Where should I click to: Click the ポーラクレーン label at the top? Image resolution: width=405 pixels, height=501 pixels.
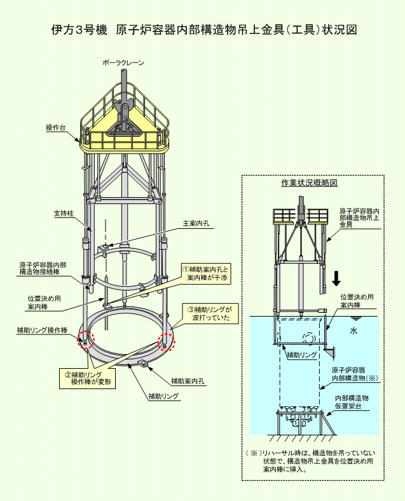coord(123,63)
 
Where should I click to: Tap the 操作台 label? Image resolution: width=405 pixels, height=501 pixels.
coord(56,128)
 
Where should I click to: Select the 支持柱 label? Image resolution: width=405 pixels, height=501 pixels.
coord(64,214)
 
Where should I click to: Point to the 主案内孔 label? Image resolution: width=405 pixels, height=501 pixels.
coord(196,223)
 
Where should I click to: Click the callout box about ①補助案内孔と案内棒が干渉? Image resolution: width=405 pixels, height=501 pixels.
coord(206,273)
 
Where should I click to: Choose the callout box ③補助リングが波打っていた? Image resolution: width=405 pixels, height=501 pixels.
coord(210,313)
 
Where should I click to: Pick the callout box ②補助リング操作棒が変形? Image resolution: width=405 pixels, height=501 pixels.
coord(87,378)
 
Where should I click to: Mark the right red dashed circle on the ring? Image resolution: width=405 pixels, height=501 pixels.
coord(167,341)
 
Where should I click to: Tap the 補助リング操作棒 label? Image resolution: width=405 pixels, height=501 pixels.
coord(42,330)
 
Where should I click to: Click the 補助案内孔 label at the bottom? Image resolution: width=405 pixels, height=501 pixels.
coord(188,381)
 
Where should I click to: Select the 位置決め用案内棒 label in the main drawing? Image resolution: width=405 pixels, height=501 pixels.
coord(45,303)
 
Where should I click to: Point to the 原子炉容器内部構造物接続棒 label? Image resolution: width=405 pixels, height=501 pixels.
coord(43,268)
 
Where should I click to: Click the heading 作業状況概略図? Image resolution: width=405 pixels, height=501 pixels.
coord(310,182)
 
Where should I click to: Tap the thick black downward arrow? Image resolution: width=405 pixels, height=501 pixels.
coord(336,278)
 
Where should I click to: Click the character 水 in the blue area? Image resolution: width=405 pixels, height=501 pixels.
coord(354,331)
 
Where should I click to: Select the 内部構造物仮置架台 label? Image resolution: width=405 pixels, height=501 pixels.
coord(352,402)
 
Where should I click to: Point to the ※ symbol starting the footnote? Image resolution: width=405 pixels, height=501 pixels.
coord(254,453)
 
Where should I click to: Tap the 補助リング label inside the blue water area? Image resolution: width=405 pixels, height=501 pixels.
coord(302,355)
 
